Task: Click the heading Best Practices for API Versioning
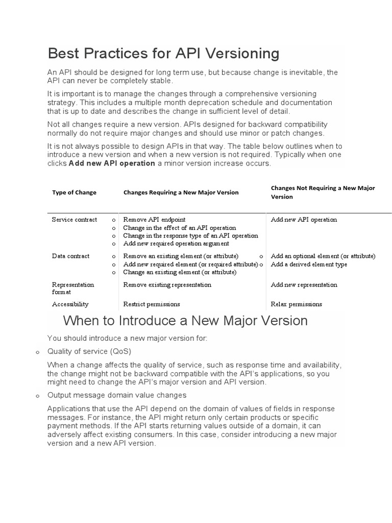pos(163,54)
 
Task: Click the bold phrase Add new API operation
pos(112,163)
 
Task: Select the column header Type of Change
pos(74,193)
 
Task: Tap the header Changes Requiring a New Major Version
pos(181,193)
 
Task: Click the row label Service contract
pos(74,220)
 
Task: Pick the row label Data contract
pos(70,256)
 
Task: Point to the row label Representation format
pos(73,288)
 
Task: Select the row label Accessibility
pos(70,304)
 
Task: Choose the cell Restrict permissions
pos(152,304)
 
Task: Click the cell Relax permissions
pos(296,304)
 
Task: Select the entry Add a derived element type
pos(309,265)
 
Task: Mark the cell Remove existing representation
pos(167,285)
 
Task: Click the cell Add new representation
pos(304,285)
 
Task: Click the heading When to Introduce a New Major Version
pos(185,321)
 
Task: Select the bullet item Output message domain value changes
pos(116,395)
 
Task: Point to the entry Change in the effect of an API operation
pos(180,228)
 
